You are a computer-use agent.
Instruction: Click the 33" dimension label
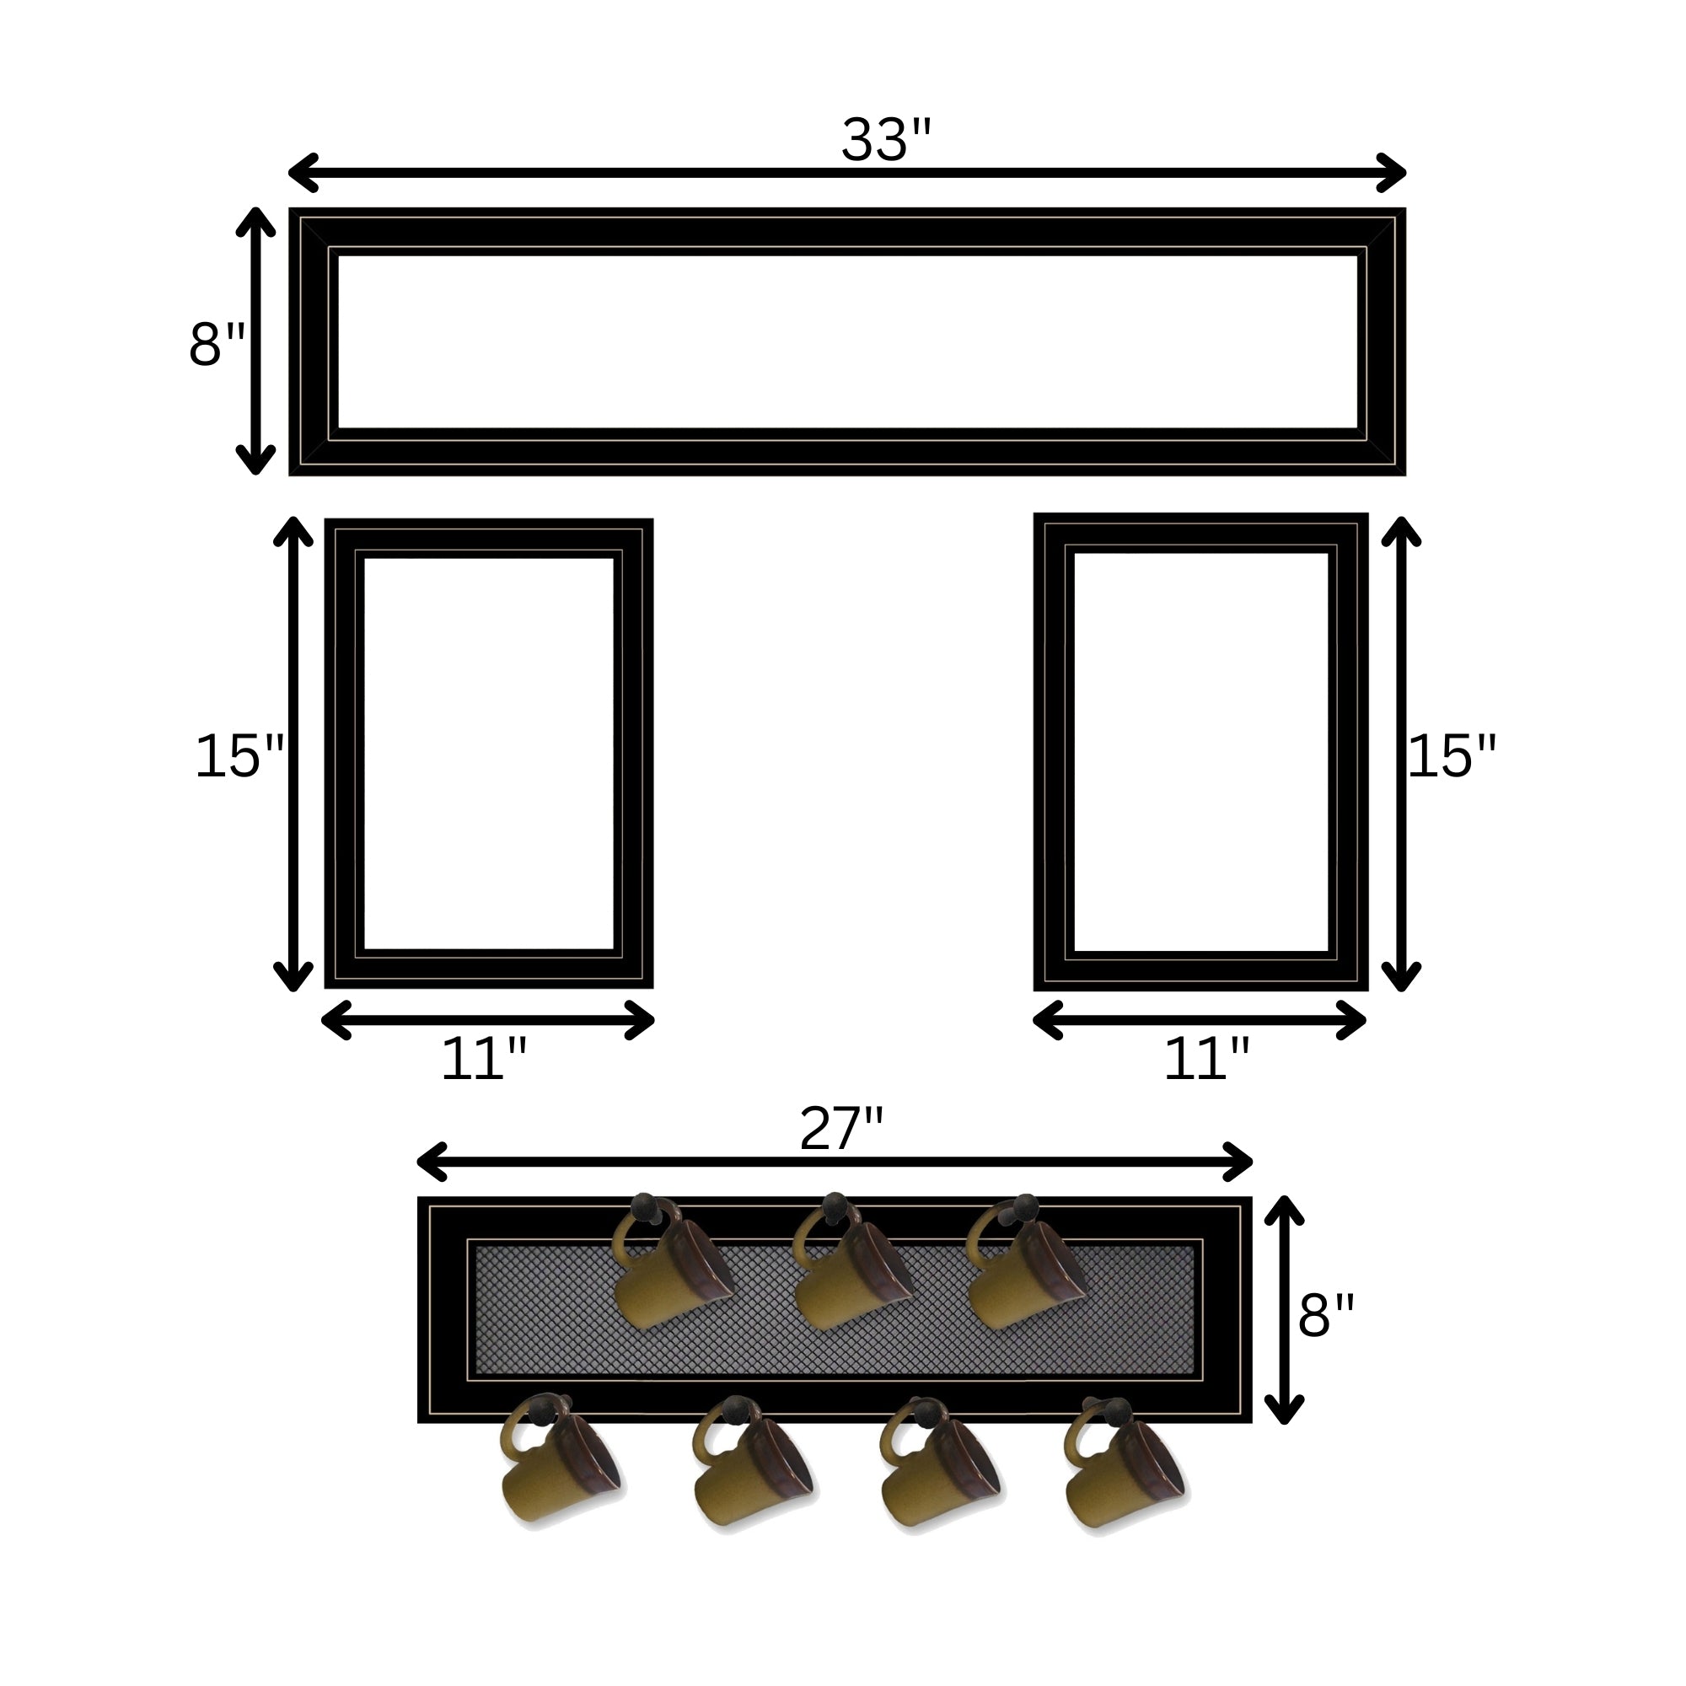pos(887,140)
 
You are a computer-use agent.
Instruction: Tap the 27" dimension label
pos(842,1129)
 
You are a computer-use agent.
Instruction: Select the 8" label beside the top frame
pos(217,344)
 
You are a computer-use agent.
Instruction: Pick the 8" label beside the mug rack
pos(1326,1315)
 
